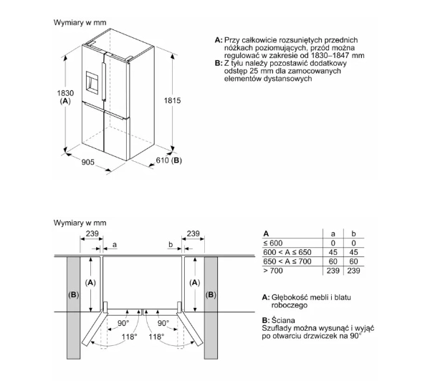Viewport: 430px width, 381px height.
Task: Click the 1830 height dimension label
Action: pyautogui.click(x=65, y=93)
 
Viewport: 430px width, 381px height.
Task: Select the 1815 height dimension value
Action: pyautogui.click(x=172, y=100)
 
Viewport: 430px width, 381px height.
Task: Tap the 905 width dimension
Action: pyautogui.click(x=87, y=163)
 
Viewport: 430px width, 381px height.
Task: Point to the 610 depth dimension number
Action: pyautogui.click(x=162, y=160)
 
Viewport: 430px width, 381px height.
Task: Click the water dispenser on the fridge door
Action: pyautogui.click(x=92, y=81)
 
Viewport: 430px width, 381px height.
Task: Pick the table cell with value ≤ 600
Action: pyautogui.click(x=273, y=243)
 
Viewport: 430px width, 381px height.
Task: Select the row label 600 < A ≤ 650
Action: pyautogui.click(x=287, y=252)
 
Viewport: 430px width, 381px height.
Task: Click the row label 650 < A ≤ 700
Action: pyautogui.click(x=287, y=261)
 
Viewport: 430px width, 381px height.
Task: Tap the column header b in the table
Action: pyautogui.click(x=353, y=233)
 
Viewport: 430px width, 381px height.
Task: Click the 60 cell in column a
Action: pyautogui.click(x=333, y=261)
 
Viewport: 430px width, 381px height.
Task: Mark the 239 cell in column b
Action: pyautogui.click(x=353, y=271)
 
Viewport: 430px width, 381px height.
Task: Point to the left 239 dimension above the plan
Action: pyautogui.click(x=92, y=233)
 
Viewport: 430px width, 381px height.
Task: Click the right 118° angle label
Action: pyautogui.click(x=156, y=337)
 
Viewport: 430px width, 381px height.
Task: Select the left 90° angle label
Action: pyautogui.click(x=123, y=324)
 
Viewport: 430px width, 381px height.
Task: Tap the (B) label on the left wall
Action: pyautogui.click(x=74, y=294)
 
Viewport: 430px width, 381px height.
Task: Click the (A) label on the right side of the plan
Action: pyautogui.click(x=195, y=282)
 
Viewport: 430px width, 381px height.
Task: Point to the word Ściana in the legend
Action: pyautogui.click(x=283, y=320)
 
